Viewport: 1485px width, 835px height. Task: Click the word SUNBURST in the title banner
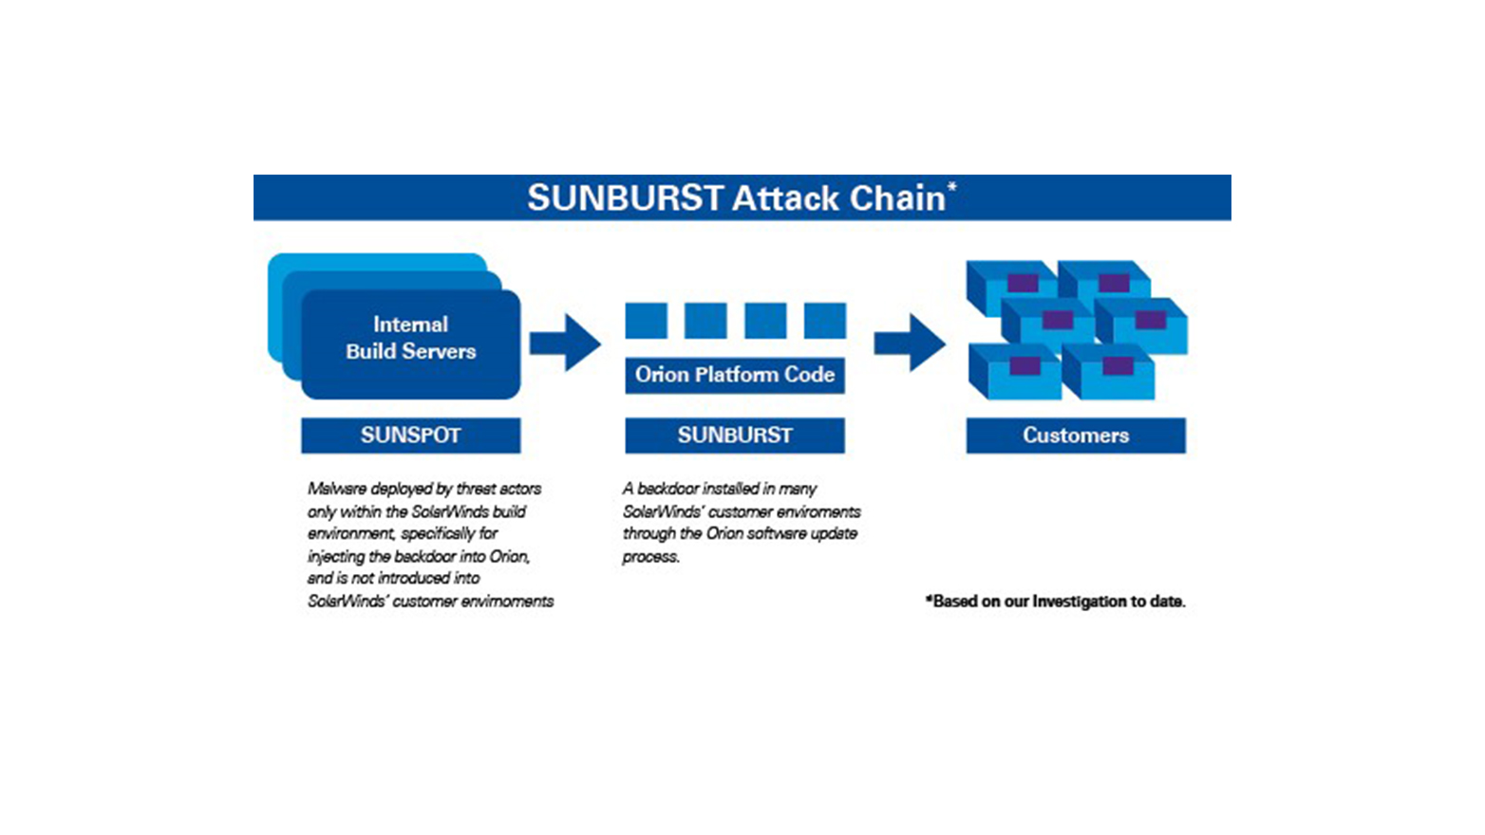(x=625, y=198)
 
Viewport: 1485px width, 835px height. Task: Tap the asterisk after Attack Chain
(x=951, y=187)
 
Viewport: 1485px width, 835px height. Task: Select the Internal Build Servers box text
(x=410, y=338)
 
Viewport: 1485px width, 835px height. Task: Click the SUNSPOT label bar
(x=410, y=436)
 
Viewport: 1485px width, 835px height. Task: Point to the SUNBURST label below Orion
(x=734, y=436)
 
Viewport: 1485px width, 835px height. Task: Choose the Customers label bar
(x=1075, y=436)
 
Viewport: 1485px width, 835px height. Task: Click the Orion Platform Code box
(x=734, y=375)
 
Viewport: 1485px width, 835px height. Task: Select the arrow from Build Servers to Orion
(x=565, y=343)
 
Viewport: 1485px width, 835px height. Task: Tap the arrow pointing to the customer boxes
(x=910, y=343)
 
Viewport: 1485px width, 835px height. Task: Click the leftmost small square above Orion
(x=646, y=321)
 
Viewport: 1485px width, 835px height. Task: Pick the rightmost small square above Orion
(x=824, y=321)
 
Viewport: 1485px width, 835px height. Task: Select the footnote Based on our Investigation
(x=1055, y=602)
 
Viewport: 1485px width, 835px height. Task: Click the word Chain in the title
(x=897, y=198)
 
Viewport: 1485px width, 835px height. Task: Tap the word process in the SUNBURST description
(x=650, y=557)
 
